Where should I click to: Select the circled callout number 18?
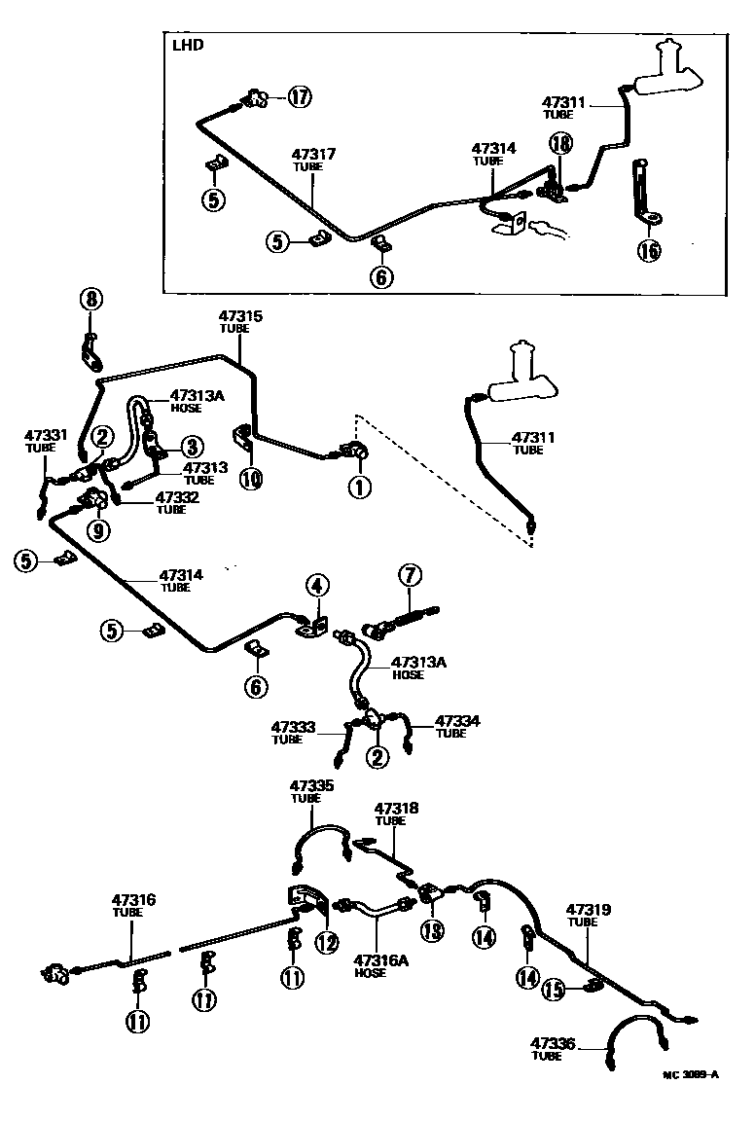click(560, 144)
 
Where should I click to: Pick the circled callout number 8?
click(90, 300)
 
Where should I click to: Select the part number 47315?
click(240, 316)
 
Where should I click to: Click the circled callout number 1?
click(360, 487)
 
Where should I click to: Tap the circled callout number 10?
click(251, 479)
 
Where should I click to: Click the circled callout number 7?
click(408, 575)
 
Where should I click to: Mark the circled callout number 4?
click(316, 586)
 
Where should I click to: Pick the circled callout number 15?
click(555, 991)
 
